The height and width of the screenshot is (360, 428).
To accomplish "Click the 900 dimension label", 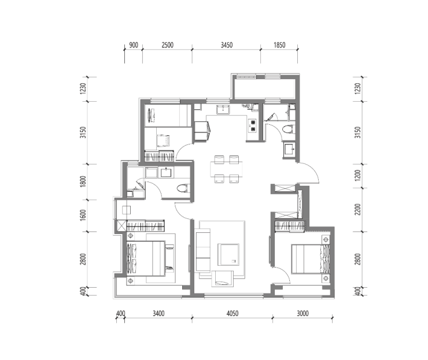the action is (x=134, y=45).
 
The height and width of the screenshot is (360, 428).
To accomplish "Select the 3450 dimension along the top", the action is (x=227, y=45).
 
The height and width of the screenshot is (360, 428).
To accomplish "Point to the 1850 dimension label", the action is (x=279, y=45).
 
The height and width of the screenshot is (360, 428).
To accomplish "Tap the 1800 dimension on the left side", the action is (x=83, y=181).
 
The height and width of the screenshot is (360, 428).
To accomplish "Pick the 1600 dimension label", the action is (x=83, y=215).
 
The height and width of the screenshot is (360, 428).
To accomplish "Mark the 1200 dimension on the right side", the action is (x=358, y=175).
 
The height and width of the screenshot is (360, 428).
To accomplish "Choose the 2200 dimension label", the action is (x=358, y=209).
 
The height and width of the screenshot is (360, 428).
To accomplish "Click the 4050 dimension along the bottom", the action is (x=233, y=313).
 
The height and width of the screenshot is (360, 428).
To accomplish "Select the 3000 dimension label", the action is (x=302, y=313).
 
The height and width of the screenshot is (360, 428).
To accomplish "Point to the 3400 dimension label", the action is (x=158, y=313).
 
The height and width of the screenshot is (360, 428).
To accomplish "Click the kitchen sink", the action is (x=223, y=109).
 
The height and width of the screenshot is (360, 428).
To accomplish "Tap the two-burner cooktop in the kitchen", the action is (x=252, y=125).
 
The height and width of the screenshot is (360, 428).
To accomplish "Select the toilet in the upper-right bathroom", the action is (x=288, y=129).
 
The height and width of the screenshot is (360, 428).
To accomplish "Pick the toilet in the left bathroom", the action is (x=183, y=188).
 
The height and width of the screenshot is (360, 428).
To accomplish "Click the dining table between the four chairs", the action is (x=226, y=169).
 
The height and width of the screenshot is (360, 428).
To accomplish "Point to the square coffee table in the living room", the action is (x=228, y=255).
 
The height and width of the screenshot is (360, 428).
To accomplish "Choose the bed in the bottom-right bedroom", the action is (x=311, y=259).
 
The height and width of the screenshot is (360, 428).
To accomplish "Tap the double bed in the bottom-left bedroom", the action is (x=146, y=258).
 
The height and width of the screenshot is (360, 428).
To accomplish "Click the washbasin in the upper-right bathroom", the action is (x=289, y=149).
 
